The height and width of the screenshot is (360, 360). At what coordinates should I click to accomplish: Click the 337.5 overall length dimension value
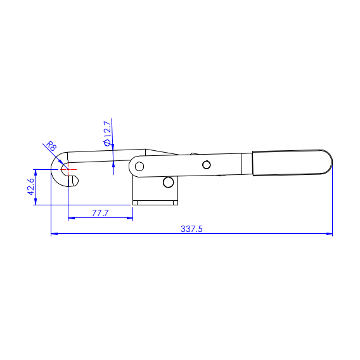click(191, 229)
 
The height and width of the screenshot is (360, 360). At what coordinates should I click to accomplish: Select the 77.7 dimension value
click(100, 213)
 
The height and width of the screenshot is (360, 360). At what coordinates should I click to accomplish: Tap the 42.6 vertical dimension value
click(31, 187)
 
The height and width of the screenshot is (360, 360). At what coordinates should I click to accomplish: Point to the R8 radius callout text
click(51, 146)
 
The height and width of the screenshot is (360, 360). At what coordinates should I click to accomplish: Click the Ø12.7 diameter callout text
click(108, 133)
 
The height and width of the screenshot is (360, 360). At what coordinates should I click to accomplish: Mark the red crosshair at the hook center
click(68, 169)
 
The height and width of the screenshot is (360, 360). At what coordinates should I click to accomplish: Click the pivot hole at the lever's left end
click(139, 166)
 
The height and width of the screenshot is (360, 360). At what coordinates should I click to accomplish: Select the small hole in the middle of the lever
click(207, 165)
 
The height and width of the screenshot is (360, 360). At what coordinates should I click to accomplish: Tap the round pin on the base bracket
click(169, 183)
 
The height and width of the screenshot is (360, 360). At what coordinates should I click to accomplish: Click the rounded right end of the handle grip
click(328, 162)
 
